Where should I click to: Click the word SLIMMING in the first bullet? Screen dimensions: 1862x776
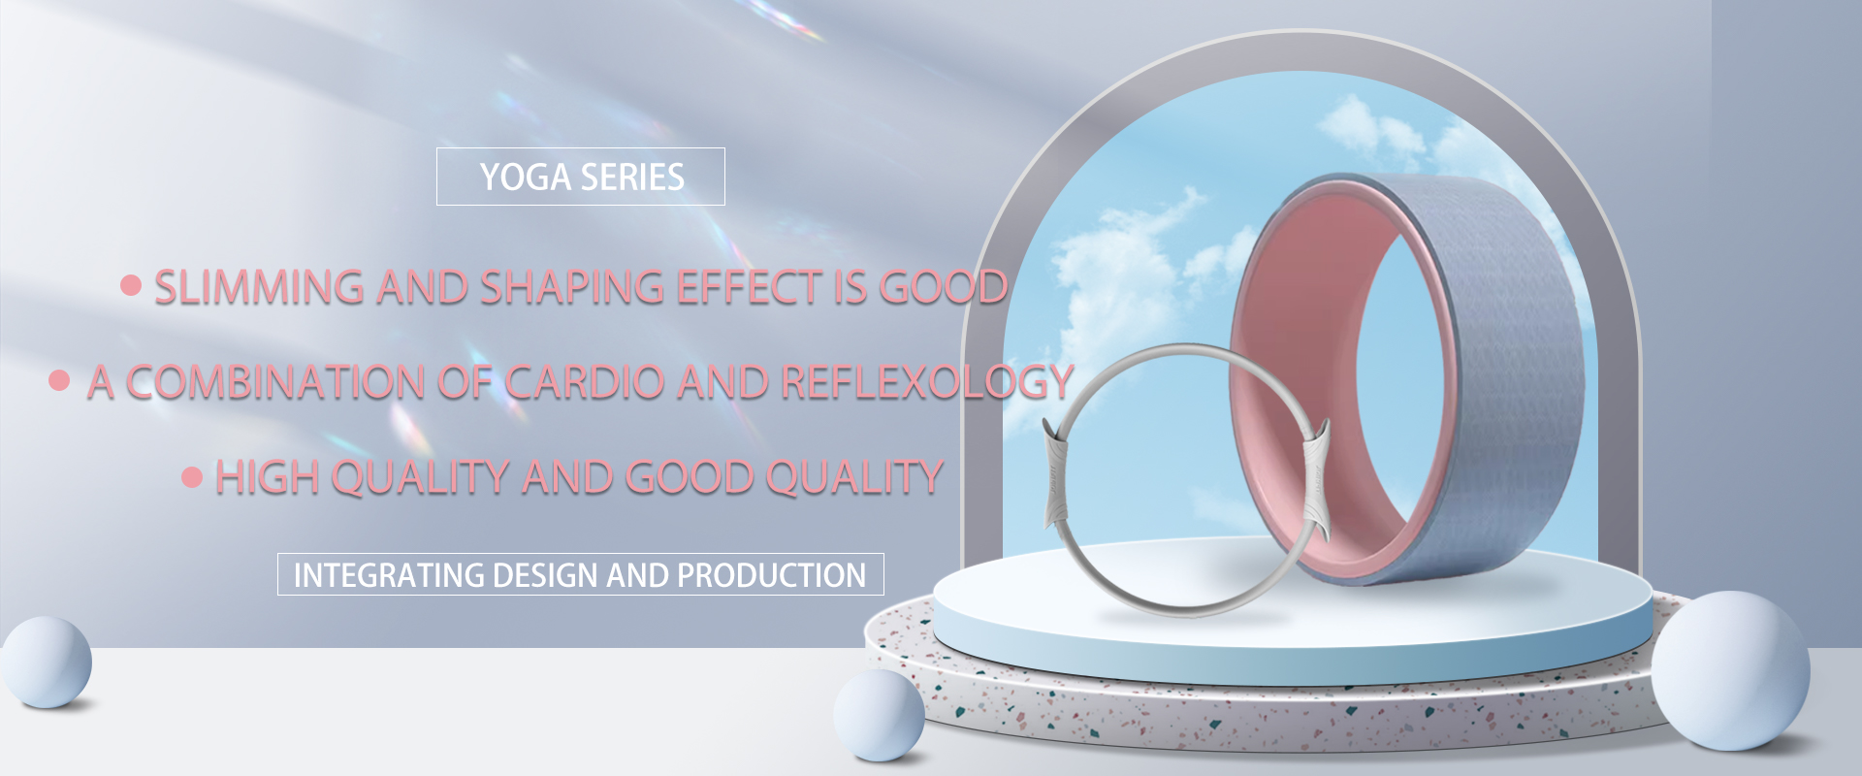260,288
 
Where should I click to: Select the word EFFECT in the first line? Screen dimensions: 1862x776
749,288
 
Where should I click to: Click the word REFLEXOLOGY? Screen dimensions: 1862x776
927,382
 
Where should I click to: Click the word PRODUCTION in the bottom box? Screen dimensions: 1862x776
771,575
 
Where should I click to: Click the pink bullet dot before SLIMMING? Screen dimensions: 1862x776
131,285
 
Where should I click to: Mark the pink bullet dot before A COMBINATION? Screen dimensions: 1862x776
59,380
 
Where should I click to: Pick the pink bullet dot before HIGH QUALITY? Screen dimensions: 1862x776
192,476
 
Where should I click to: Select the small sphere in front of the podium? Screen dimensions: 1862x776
879,715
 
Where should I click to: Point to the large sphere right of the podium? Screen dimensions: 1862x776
1730,670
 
